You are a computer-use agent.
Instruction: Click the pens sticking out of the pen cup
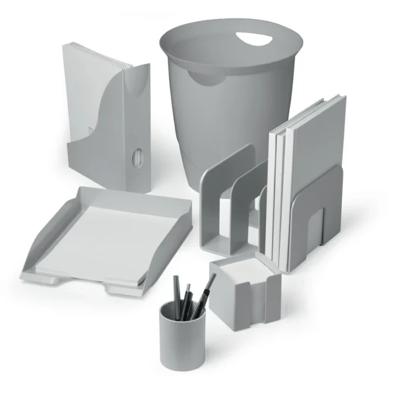(x=191, y=297)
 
